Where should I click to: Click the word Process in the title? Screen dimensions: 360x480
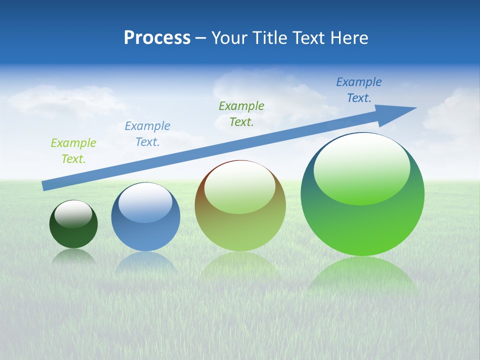[157, 38]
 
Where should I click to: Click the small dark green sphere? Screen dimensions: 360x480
[73, 235]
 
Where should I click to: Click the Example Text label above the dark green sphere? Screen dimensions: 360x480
[73, 151]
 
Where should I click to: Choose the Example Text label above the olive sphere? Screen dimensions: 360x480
[241, 113]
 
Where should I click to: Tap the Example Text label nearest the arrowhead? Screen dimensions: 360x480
[359, 90]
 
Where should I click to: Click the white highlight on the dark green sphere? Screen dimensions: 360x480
[73, 214]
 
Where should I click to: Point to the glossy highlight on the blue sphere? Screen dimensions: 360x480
[145, 203]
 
